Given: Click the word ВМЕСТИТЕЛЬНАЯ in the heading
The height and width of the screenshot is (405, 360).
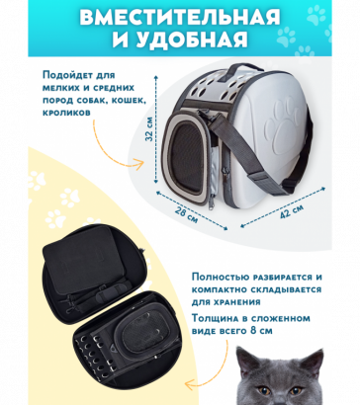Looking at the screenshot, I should click(x=179, y=18).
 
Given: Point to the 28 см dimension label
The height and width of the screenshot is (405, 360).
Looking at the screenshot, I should click(x=185, y=215).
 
